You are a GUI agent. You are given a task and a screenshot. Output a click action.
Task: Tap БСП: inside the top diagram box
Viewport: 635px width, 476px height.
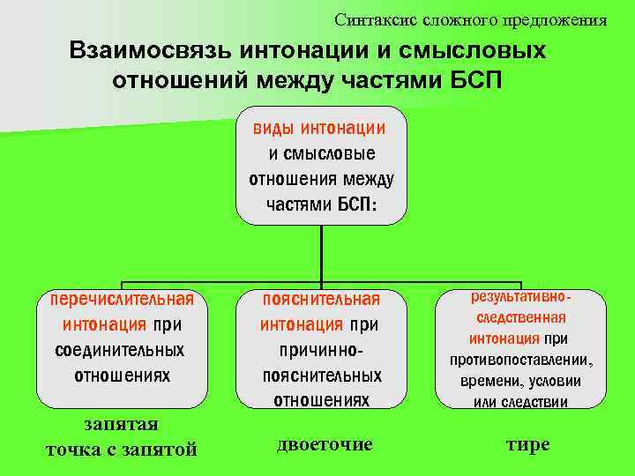tap(357, 205)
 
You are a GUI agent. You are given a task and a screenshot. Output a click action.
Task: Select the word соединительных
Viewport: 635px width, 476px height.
tap(121, 350)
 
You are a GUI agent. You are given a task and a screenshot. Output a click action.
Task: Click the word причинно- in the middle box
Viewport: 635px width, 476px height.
tap(322, 350)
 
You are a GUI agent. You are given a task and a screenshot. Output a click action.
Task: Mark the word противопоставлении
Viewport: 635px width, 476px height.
tap(520, 361)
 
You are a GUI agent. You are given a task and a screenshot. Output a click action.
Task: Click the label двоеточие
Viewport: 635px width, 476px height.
tap(325, 443)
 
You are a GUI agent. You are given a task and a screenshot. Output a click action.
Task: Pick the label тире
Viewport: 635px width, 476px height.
tap(527, 443)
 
